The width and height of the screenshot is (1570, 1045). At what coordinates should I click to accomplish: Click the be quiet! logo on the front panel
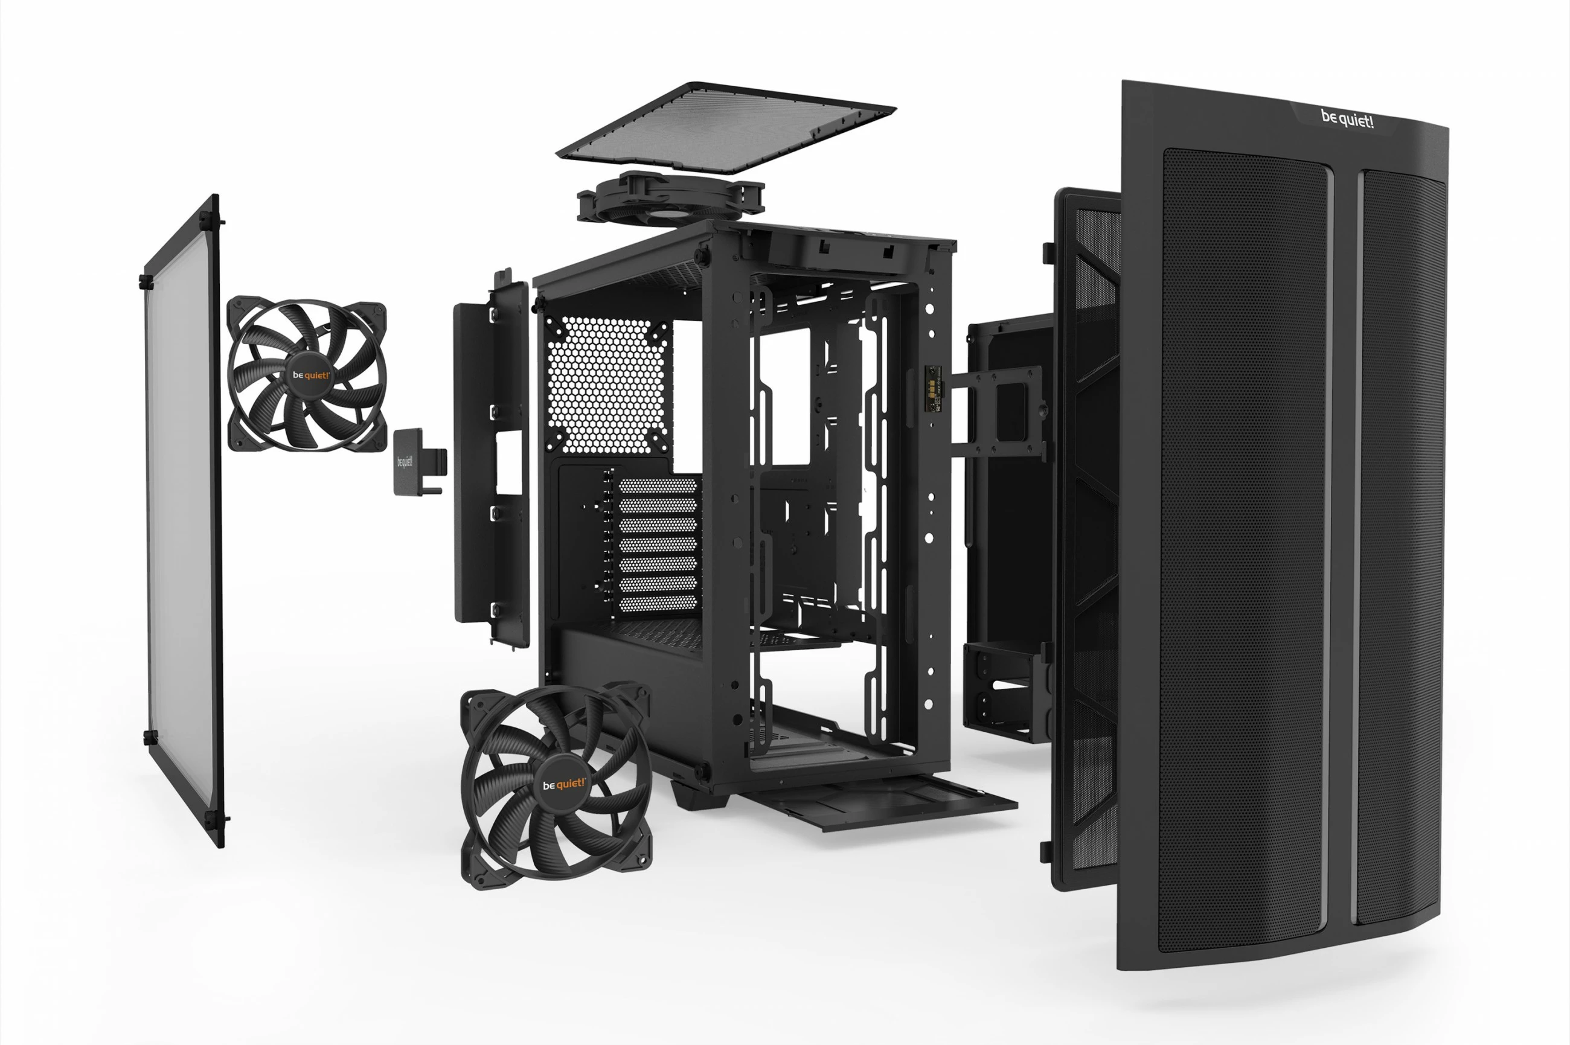coord(1347,120)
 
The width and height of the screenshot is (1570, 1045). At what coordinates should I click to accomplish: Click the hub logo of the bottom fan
coord(563,784)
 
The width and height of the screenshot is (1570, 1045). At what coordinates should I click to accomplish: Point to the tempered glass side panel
coord(181,520)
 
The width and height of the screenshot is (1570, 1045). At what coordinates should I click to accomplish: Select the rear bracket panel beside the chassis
coord(492,460)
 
